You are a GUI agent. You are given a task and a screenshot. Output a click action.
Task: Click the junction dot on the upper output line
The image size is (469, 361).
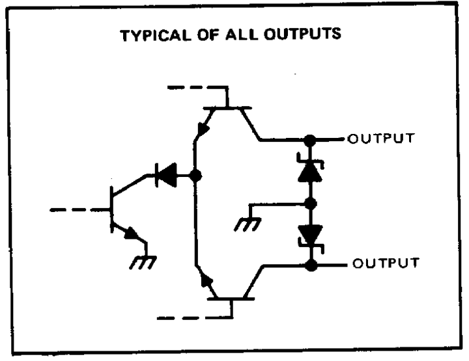(311, 139)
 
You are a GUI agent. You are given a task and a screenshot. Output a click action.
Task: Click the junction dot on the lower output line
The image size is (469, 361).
(311, 265)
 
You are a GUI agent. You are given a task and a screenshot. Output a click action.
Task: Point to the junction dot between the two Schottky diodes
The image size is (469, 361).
(311, 203)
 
